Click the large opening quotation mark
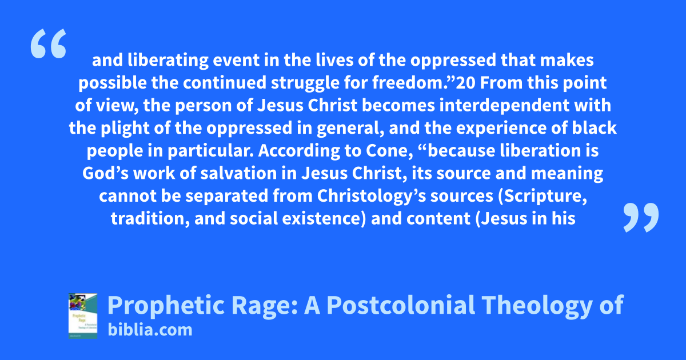point(49,43)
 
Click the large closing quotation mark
point(641,217)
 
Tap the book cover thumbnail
point(83,316)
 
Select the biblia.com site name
point(150,330)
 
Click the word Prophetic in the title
point(166,306)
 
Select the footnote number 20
point(465,83)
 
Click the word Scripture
point(543,196)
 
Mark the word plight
point(125,128)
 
